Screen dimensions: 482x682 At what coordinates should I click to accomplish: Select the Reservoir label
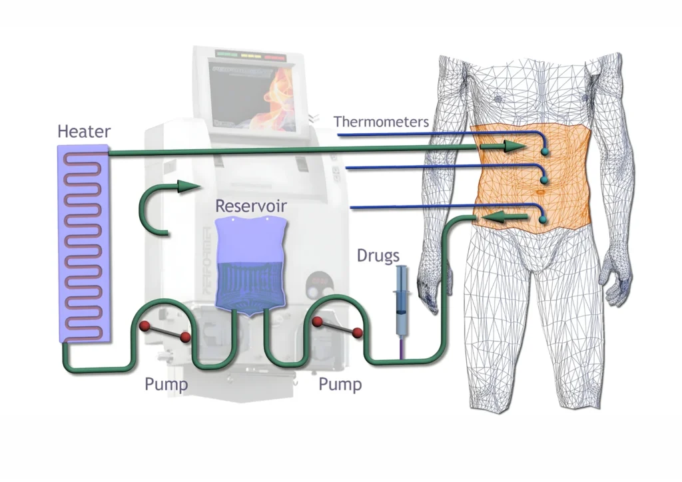tap(250, 206)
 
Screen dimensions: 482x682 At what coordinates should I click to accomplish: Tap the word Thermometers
tap(381, 122)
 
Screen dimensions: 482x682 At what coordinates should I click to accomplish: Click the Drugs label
tap(378, 256)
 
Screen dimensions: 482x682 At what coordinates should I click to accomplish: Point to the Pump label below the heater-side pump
tap(167, 384)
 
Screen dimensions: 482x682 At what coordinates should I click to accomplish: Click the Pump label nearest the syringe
tap(340, 384)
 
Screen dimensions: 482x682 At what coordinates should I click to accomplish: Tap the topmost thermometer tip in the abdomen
tap(545, 152)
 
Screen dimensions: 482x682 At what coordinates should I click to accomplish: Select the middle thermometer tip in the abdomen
tap(545, 179)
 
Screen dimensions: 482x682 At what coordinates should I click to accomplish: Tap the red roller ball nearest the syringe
tap(358, 333)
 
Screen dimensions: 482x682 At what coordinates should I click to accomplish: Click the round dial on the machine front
tap(316, 287)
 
